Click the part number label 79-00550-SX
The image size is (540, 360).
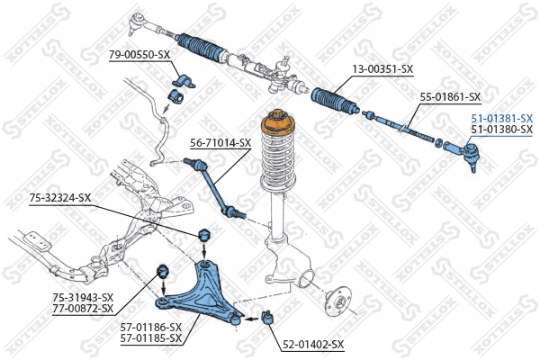(139, 55)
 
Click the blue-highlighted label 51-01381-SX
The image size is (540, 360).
(501, 118)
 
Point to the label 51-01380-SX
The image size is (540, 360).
(501, 130)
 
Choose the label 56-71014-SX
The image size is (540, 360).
(220, 142)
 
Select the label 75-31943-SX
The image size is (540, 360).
(83, 297)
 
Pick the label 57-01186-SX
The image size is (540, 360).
(151, 327)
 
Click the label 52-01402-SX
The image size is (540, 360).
(313, 344)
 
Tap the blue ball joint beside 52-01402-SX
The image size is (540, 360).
(266, 316)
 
